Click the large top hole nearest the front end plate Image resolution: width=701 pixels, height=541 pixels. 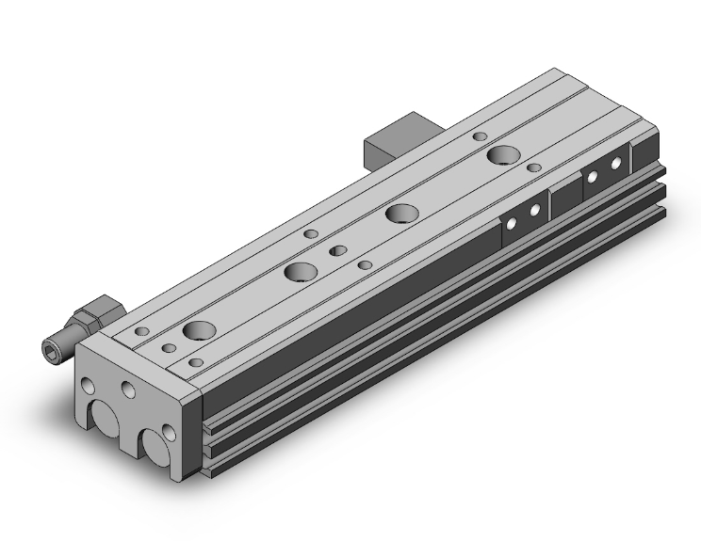pyautogui.click(x=198, y=330)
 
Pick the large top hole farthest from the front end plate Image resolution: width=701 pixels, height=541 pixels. pyautogui.click(x=502, y=155)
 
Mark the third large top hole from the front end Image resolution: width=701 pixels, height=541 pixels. pyautogui.click(x=403, y=213)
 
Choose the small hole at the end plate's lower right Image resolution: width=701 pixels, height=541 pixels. pyautogui.click(x=170, y=433)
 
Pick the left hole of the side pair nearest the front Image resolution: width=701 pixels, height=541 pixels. pyautogui.click(x=514, y=224)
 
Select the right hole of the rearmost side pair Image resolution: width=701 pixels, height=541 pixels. pyautogui.click(x=615, y=164)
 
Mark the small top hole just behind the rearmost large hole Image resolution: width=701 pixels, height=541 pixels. pyautogui.click(x=480, y=137)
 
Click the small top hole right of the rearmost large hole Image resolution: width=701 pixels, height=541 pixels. pyautogui.click(x=534, y=167)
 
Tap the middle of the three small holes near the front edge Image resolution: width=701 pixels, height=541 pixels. pyautogui.click(x=169, y=349)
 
